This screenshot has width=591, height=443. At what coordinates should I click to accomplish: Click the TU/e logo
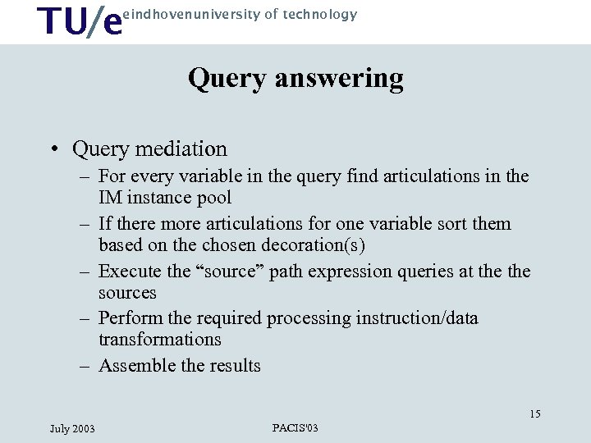tap(80, 22)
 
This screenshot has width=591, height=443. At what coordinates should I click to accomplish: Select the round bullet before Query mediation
tap(53, 149)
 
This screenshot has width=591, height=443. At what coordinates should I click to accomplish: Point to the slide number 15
tap(534, 414)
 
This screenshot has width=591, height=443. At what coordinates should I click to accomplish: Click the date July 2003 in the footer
tap(72, 429)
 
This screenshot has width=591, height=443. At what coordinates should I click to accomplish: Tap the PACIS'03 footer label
tap(295, 428)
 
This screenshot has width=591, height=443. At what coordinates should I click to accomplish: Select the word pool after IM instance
tap(215, 198)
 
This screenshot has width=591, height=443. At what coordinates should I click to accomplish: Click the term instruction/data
tap(417, 318)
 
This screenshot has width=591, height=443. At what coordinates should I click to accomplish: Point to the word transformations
tap(159, 340)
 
